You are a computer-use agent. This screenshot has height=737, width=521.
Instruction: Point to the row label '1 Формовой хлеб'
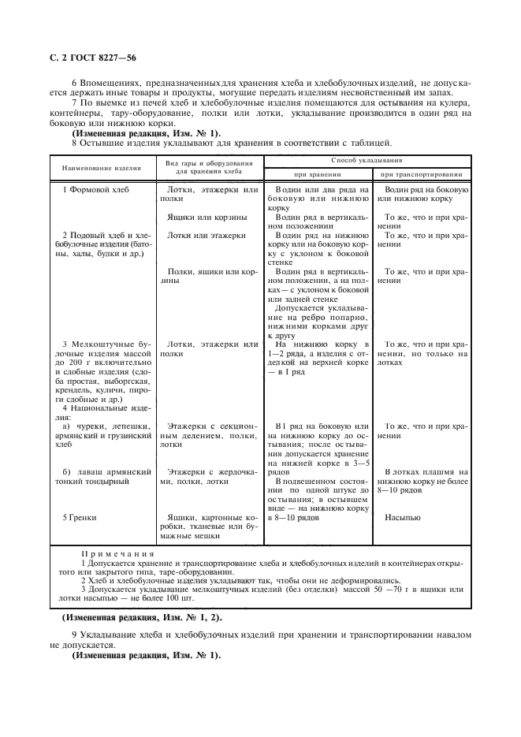(x=95, y=191)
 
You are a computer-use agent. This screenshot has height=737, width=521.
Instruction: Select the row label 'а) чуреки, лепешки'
(x=101, y=426)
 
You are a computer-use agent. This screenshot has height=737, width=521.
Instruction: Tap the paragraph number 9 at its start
(x=74, y=635)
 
